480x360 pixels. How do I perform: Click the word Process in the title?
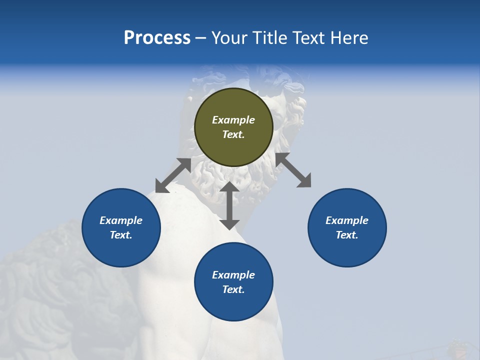click(x=157, y=38)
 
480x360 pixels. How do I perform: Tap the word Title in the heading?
click(x=269, y=38)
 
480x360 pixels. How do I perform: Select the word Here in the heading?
click(x=348, y=38)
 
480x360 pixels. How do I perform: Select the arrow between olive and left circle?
click(x=173, y=175)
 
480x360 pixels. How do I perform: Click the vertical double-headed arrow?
click(x=229, y=205)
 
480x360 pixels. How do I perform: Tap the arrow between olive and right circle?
click(x=293, y=170)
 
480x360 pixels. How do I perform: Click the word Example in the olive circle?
click(x=233, y=120)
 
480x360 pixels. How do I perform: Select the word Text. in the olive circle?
click(x=233, y=134)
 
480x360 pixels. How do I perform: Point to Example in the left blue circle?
click(x=121, y=220)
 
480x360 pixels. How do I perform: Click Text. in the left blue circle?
click(x=121, y=235)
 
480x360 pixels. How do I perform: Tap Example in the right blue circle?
click(x=347, y=220)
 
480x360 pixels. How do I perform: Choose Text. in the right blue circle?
click(x=347, y=235)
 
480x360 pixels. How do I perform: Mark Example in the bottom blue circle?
click(x=233, y=275)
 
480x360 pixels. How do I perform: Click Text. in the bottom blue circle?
click(x=233, y=289)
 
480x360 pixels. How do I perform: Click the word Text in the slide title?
click(x=309, y=38)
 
